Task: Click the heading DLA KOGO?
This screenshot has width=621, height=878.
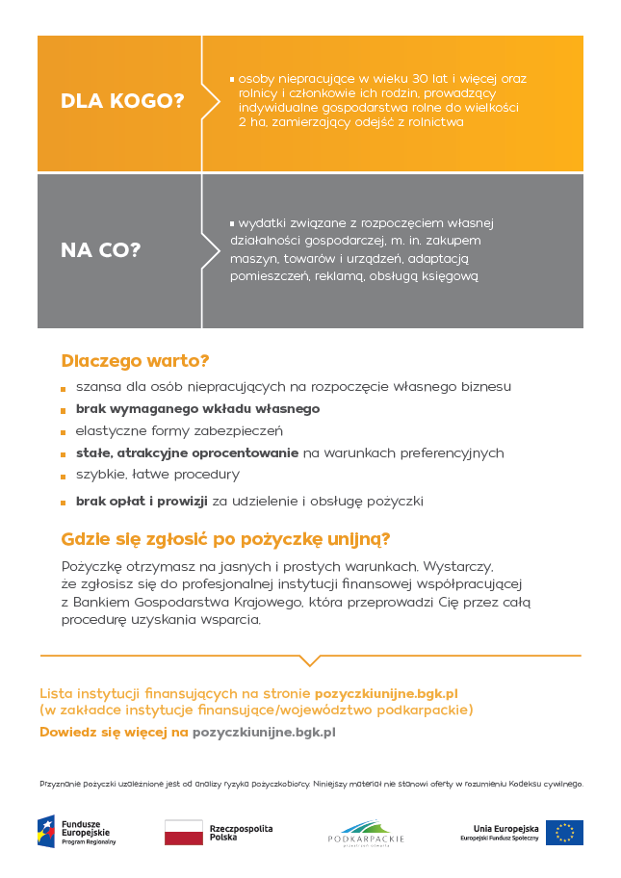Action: [122, 101]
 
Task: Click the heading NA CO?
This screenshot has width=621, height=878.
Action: [101, 250]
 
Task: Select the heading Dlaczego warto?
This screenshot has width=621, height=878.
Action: [135, 361]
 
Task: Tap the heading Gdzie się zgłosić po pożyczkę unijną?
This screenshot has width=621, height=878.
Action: [225, 538]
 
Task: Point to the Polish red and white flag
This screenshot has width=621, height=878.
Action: [183, 833]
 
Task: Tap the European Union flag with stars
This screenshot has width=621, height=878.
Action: [564, 833]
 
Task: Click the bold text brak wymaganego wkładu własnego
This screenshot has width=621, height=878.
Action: [197, 408]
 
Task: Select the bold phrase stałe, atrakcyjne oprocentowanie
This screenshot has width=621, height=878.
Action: [187, 452]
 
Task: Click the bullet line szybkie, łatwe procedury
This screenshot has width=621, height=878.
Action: [158, 475]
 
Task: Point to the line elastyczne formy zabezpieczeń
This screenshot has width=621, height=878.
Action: [179, 430]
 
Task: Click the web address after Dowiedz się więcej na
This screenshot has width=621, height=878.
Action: [264, 732]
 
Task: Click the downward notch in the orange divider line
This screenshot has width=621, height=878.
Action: [310, 660]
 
